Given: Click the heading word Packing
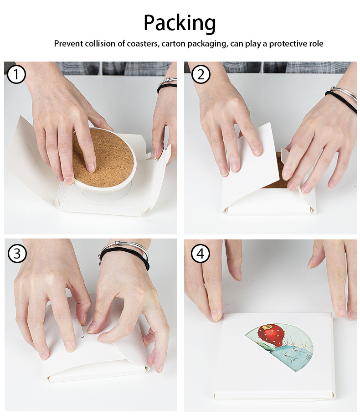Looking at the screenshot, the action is (x=180, y=23).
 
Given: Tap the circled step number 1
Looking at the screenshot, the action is (x=16, y=74).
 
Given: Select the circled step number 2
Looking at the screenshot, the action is (x=201, y=74).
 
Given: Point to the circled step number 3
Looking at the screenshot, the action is (x=17, y=254).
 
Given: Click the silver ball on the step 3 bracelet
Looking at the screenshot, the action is (x=117, y=243).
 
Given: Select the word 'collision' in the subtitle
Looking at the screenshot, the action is (x=100, y=43).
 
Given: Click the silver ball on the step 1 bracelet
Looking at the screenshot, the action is (x=168, y=80).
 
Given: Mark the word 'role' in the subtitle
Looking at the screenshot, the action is (x=316, y=44).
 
